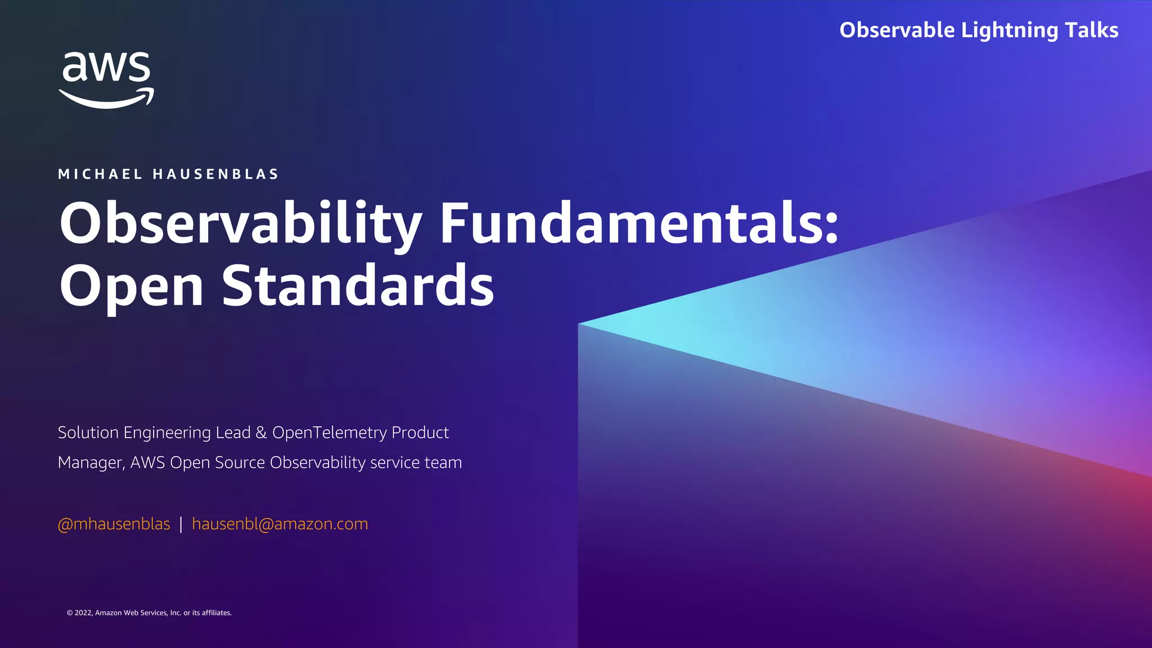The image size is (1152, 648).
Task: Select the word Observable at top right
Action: pyautogui.click(x=897, y=30)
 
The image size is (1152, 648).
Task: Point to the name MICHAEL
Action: pyautogui.click(x=101, y=174)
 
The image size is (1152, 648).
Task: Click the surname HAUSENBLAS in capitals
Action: pyautogui.click(x=216, y=174)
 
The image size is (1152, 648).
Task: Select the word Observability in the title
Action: pyautogui.click(x=241, y=224)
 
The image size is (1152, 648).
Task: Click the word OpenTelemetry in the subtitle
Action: pyautogui.click(x=330, y=433)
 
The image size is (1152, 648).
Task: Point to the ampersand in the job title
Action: pyautogui.click(x=261, y=433)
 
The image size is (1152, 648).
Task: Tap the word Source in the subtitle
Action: pyautogui.click(x=240, y=462)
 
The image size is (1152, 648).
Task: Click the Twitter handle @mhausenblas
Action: pyautogui.click(x=114, y=524)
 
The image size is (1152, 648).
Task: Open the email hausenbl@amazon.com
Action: pyautogui.click(x=280, y=524)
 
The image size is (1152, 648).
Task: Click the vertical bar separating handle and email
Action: pyautogui.click(x=181, y=524)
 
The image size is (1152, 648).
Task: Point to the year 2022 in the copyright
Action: pyautogui.click(x=83, y=613)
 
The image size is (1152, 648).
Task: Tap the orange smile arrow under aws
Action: pyautogui.click(x=107, y=99)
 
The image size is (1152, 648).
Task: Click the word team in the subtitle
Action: pyautogui.click(x=443, y=462)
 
